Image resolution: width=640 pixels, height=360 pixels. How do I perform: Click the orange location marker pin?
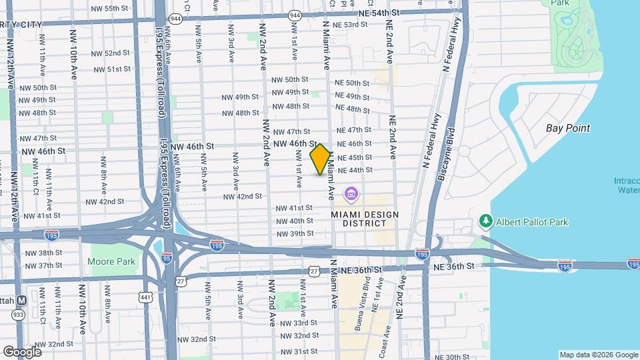click(x=321, y=159)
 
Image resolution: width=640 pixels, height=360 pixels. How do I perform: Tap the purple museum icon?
click(x=351, y=195)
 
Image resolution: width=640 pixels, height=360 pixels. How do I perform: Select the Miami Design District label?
click(x=365, y=219)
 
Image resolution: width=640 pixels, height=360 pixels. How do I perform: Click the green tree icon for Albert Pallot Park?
click(x=486, y=221)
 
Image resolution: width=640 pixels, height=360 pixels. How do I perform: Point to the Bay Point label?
click(x=568, y=128)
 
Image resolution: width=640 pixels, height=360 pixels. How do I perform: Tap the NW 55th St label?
click(x=111, y=9)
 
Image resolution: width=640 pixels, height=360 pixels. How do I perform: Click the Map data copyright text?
click(x=598, y=355)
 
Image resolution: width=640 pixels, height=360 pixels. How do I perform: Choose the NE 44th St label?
click(x=355, y=170)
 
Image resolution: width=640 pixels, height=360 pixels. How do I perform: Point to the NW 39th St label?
click(x=295, y=234)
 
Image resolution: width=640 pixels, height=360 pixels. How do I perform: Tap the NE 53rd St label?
click(x=350, y=25)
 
